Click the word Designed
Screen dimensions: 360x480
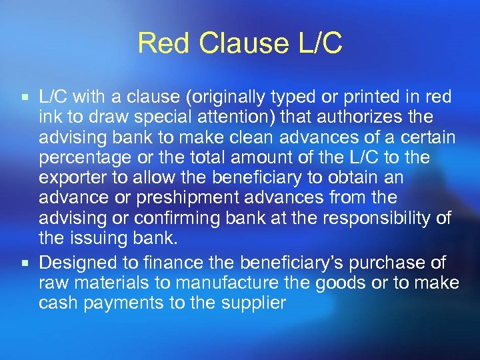76,263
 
